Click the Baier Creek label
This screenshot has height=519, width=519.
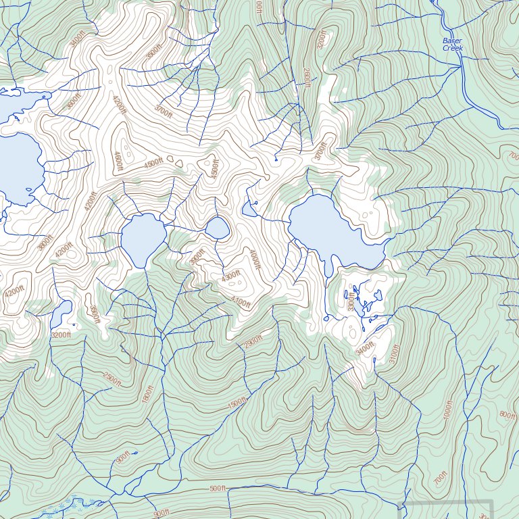tap(452, 45)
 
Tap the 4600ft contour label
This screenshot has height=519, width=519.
tap(118, 160)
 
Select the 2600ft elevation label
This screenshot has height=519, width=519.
tap(306, 77)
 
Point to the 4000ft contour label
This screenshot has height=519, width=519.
tap(254, 259)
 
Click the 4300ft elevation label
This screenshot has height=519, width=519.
tap(231, 276)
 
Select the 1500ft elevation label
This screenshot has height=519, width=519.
tap(237, 403)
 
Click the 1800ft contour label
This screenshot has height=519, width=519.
tap(147, 395)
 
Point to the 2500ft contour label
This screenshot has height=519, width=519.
tap(112, 379)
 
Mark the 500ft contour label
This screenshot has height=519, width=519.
tap(217, 489)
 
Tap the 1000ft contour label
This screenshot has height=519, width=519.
tap(447, 410)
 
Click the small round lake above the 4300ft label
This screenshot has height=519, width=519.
tap(217, 228)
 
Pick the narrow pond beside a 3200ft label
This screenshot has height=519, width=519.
tap(61, 313)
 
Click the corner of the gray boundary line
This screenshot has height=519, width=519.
tap(492, 502)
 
